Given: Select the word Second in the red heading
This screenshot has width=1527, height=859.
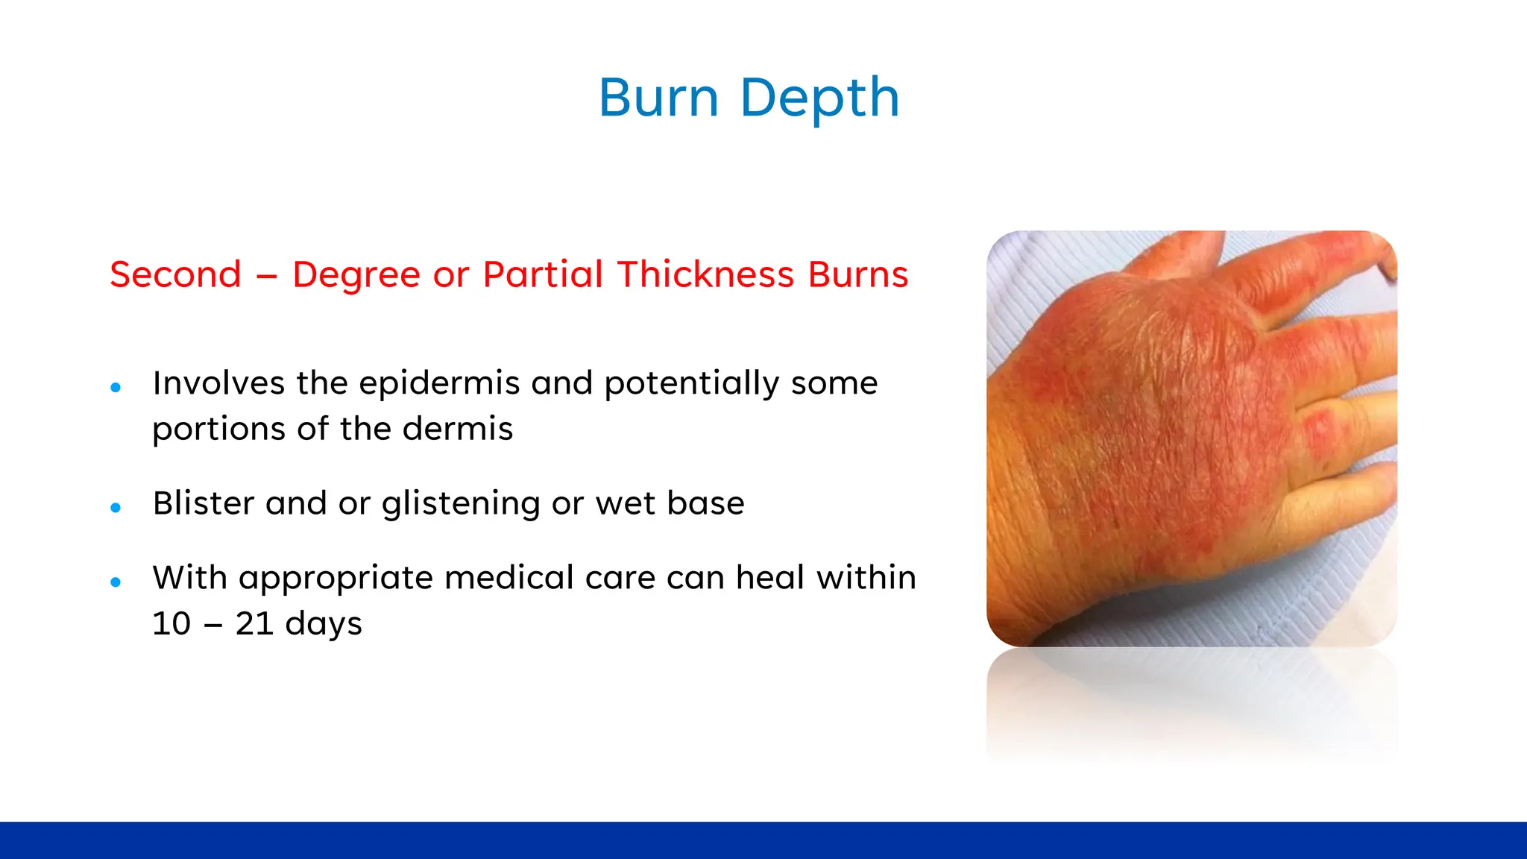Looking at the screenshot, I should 176,274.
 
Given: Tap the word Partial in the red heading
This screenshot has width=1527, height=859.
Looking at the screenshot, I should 543,274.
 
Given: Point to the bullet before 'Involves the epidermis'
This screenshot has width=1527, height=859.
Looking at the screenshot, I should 116,387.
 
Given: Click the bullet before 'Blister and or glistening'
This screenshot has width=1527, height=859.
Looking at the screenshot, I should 116,508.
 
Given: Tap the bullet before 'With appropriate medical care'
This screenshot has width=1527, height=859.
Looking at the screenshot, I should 116,582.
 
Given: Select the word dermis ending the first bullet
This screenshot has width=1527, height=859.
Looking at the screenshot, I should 458,429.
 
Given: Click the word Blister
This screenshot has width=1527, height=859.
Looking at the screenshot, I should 204,503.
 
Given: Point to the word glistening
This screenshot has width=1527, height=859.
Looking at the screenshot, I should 461,504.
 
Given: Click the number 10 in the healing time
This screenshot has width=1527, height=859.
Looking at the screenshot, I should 171,623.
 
